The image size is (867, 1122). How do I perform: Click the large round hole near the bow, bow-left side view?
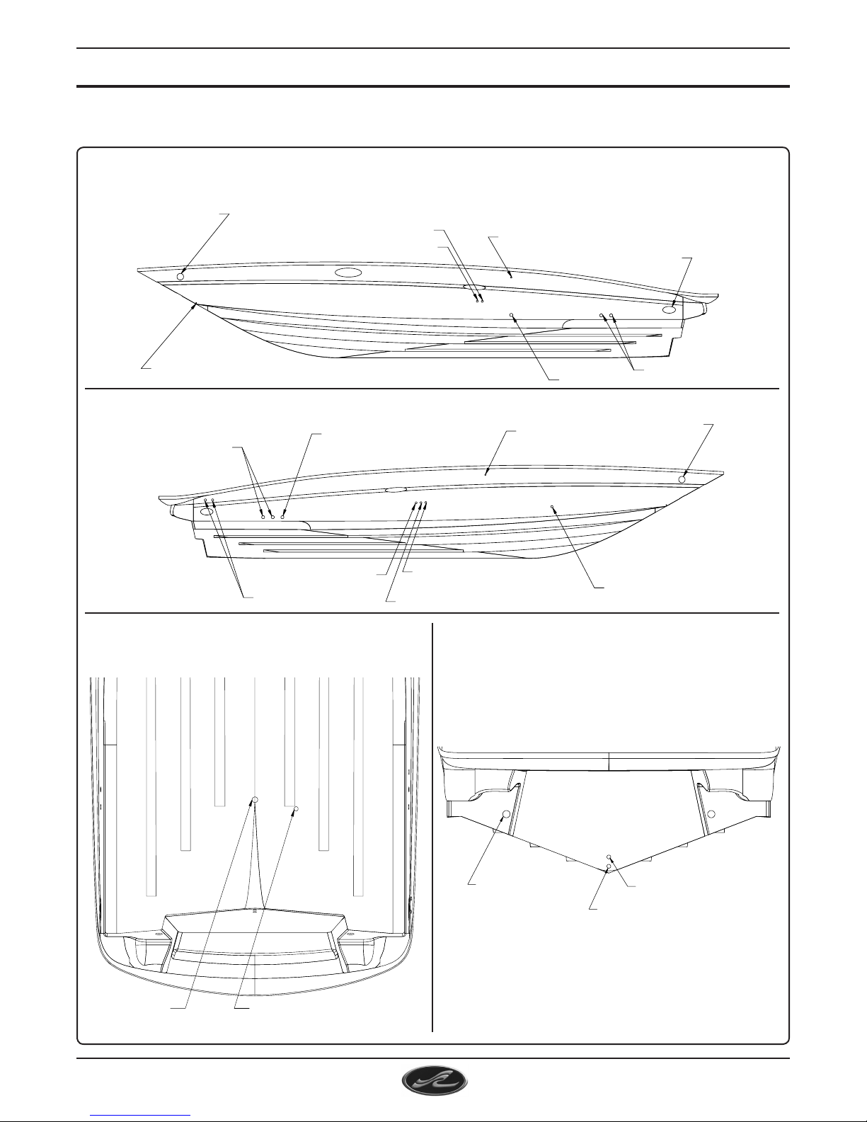(x=180, y=276)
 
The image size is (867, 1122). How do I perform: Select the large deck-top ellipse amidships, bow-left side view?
(x=348, y=273)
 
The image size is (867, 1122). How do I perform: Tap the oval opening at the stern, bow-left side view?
(x=670, y=309)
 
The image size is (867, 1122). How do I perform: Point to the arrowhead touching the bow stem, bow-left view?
(x=196, y=304)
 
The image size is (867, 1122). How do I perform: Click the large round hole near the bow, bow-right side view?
(x=682, y=479)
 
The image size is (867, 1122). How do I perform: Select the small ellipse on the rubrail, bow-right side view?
(x=395, y=489)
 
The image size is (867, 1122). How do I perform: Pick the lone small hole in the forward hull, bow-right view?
(x=552, y=507)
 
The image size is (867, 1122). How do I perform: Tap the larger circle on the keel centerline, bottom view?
(x=255, y=799)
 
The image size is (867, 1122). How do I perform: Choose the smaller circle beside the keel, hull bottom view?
(x=297, y=808)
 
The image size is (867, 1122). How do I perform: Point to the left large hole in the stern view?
(x=507, y=814)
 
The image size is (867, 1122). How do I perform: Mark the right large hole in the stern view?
(x=712, y=813)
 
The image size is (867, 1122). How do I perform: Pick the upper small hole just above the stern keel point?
(x=609, y=857)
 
